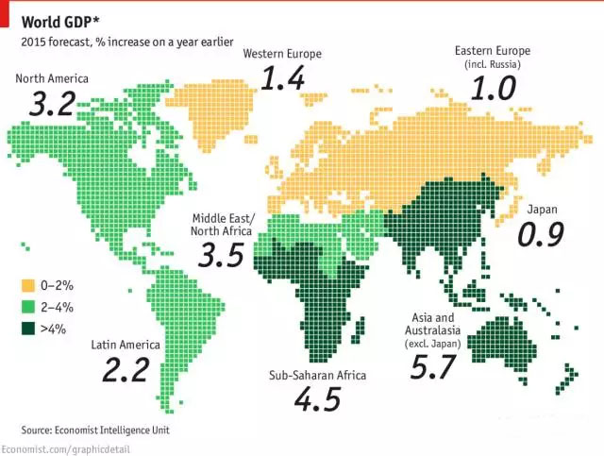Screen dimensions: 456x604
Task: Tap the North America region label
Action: click(x=53, y=77)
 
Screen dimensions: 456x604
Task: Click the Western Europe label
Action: click(x=282, y=54)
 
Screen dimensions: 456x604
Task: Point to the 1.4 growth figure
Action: click(x=283, y=79)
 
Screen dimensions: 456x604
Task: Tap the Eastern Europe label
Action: click(x=492, y=50)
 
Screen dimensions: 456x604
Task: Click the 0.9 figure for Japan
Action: click(x=541, y=234)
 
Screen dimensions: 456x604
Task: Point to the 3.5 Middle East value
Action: click(x=222, y=254)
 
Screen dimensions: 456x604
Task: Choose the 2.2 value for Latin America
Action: click(x=126, y=370)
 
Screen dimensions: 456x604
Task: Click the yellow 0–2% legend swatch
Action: click(x=29, y=285)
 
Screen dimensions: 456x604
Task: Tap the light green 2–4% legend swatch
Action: click(x=29, y=307)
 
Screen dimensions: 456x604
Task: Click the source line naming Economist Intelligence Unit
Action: click(x=102, y=430)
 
